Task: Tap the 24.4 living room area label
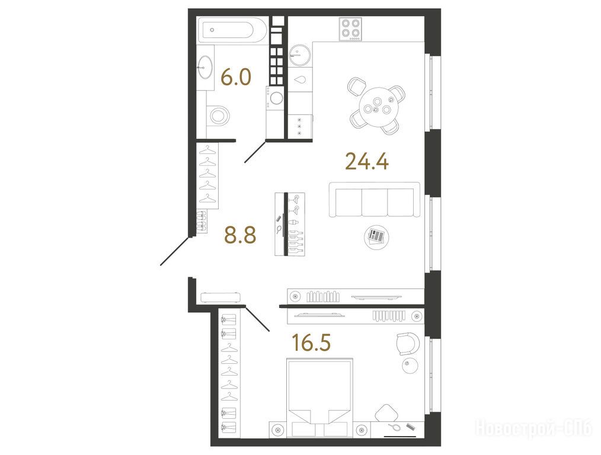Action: click(x=367, y=161)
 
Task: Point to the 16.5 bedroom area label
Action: click(x=311, y=342)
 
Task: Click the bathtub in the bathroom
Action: click(x=232, y=30)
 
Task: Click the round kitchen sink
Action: click(x=298, y=55)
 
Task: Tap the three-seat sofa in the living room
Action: click(x=375, y=200)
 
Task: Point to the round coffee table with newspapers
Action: click(x=376, y=237)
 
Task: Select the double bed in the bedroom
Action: click(x=319, y=398)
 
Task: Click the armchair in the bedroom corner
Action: click(x=407, y=344)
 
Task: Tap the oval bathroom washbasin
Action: click(x=205, y=67)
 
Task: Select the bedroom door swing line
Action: click(x=257, y=319)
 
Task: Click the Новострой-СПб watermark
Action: click(x=533, y=428)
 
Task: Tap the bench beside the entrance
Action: click(x=220, y=297)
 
